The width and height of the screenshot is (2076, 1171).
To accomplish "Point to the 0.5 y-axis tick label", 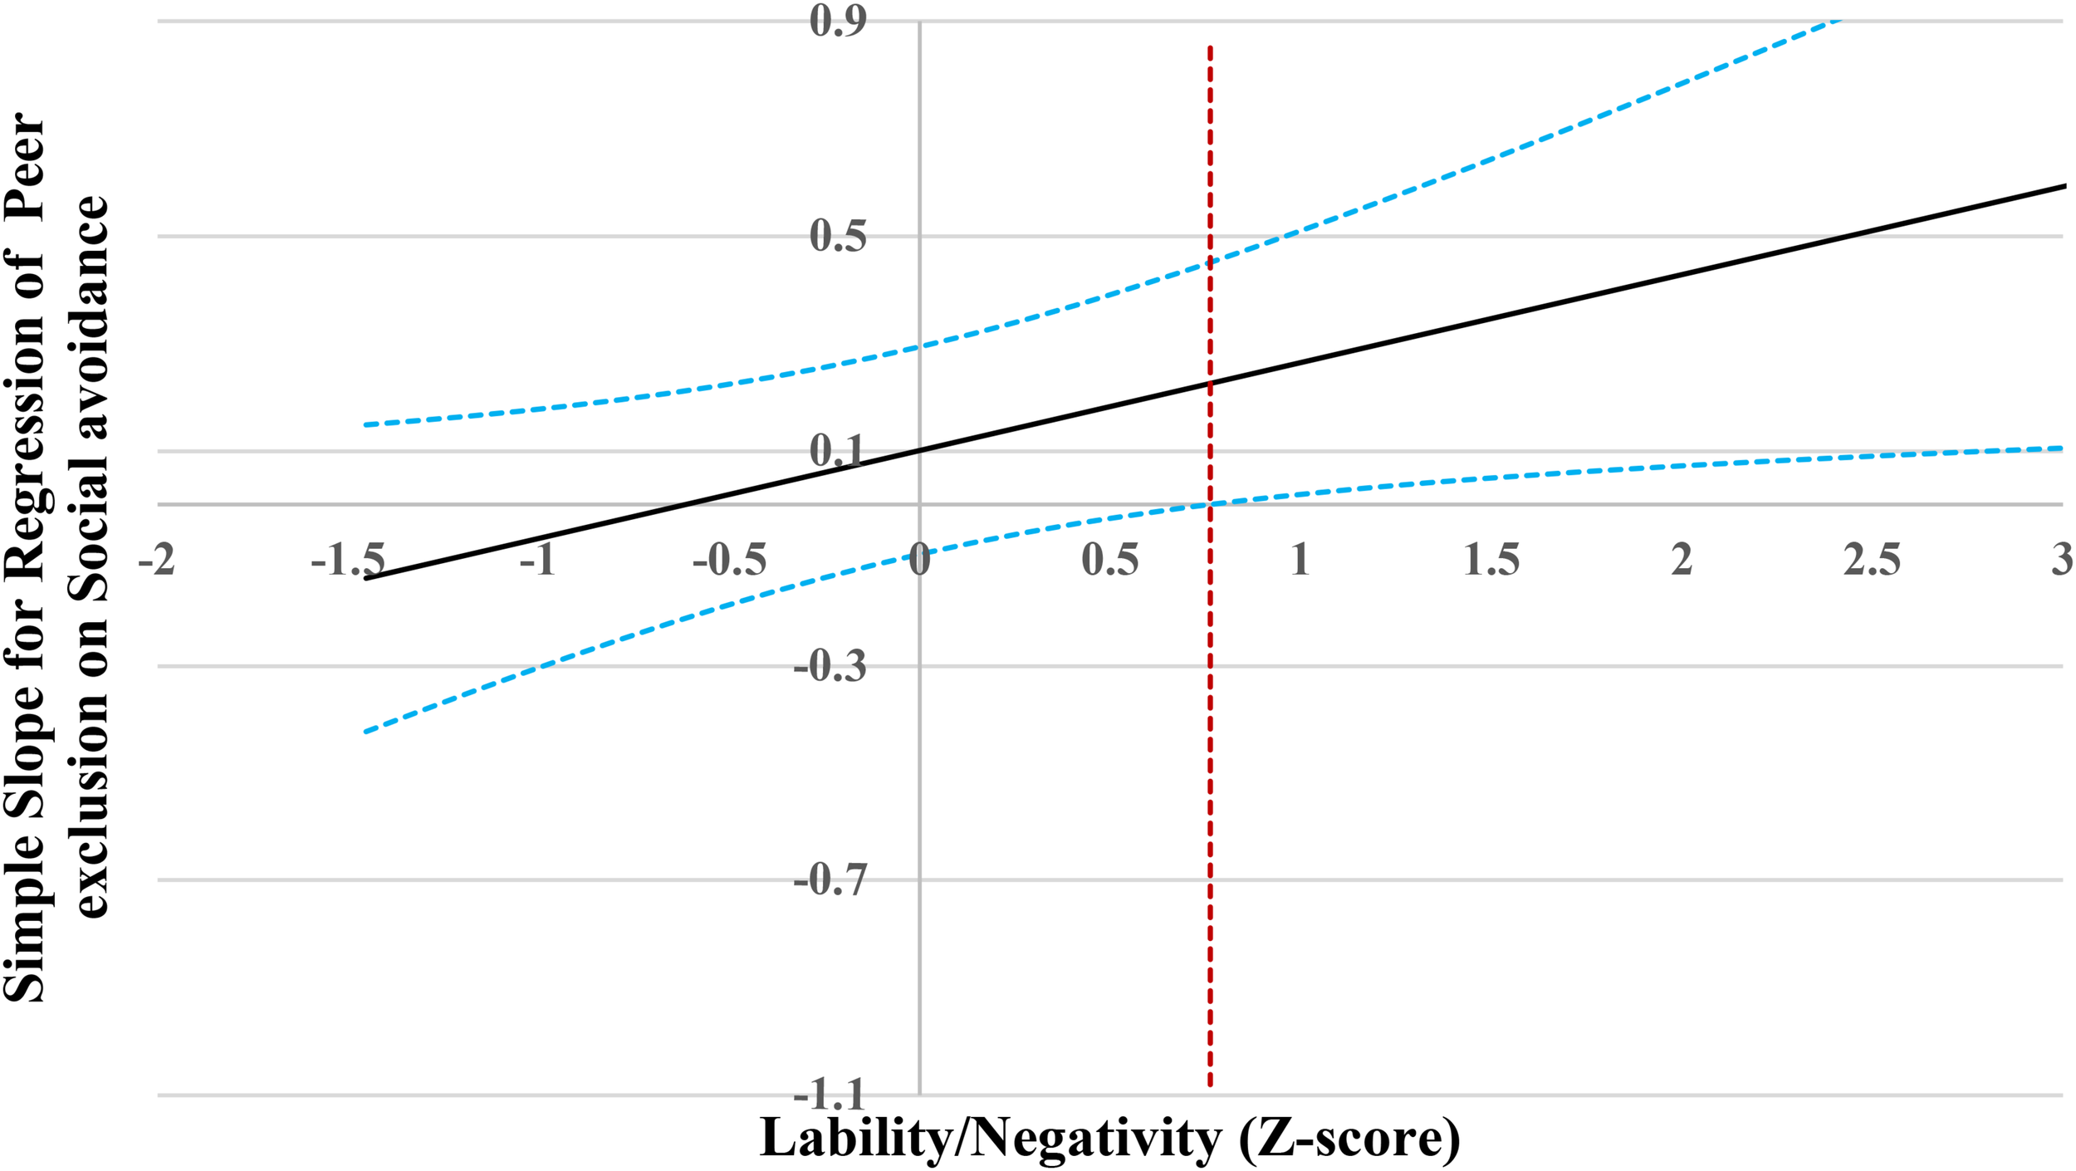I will coord(838,236).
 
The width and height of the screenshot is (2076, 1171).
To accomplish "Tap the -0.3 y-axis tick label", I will coord(830,666).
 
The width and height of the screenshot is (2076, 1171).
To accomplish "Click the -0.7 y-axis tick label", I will coord(830,879).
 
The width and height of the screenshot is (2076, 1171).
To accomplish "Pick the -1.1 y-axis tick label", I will coord(830,1095).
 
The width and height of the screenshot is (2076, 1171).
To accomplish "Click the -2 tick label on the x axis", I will coord(157,560).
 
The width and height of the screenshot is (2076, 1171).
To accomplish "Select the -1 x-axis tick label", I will coord(537,560).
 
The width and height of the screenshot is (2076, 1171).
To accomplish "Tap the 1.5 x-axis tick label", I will coord(1491,560).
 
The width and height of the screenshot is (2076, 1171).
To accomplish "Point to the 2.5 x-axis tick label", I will coord(1873,560).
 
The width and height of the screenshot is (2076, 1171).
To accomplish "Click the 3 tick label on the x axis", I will coord(2061,560).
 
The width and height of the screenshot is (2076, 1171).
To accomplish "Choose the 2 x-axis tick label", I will coord(1682,560).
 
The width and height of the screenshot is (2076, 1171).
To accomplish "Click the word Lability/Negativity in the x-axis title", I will coord(990,1139).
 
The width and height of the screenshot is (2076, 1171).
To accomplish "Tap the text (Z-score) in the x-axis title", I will coord(1349,1139).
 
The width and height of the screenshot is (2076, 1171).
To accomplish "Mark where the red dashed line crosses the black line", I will coord(1210,383).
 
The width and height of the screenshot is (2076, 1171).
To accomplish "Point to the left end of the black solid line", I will coord(365,579).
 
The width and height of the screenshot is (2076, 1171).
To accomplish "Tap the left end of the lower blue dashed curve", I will coord(365,732).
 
